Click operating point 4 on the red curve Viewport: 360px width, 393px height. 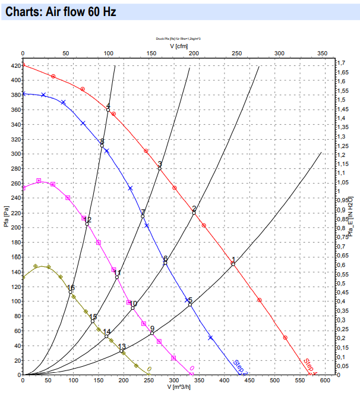108,110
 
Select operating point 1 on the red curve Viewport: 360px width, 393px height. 233,263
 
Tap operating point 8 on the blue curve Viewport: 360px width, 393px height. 102,146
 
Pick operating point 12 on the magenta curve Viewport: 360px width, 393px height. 87,224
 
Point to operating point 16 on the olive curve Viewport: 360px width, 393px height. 71,291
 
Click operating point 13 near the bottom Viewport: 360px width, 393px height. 122,351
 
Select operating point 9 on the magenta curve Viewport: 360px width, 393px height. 152,333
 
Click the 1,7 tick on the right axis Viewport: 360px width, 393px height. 341,62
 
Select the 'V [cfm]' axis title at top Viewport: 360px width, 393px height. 179,45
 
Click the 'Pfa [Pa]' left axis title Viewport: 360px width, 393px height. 5,218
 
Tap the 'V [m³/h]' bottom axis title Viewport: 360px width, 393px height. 178,387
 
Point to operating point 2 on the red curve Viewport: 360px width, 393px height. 194,212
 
